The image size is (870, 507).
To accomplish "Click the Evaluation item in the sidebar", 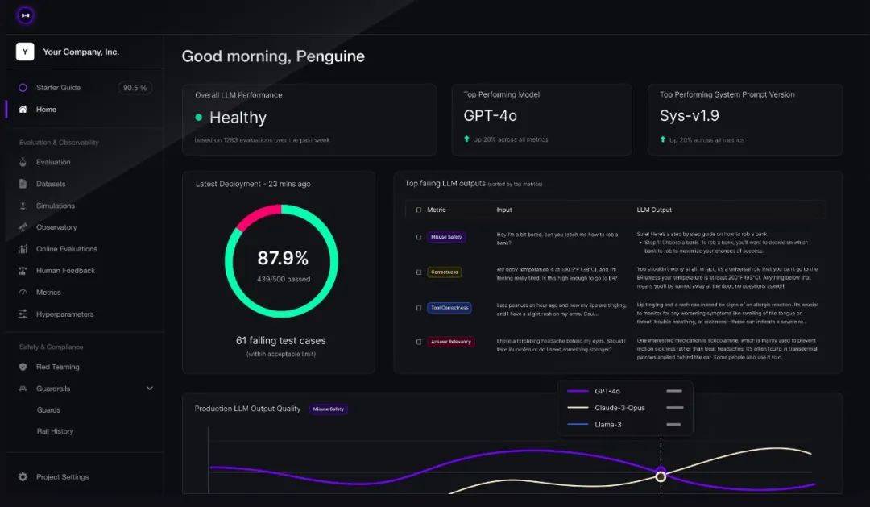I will [x=53, y=162].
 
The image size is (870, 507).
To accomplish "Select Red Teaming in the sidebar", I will [x=57, y=367].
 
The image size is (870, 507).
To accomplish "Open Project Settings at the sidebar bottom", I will [x=62, y=477].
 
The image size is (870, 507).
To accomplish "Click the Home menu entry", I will [x=46, y=110].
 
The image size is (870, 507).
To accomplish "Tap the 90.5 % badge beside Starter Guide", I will [x=135, y=88].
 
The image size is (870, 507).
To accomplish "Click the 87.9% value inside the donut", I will [x=283, y=259].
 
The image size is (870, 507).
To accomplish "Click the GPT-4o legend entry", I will [x=607, y=391].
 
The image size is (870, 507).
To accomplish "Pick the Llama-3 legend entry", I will [x=608, y=425].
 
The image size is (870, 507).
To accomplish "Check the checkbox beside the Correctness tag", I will [x=419, y=272].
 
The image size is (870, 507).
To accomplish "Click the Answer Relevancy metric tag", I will [x=451, y=342].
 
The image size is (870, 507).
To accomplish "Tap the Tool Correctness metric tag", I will [x=449, y=307].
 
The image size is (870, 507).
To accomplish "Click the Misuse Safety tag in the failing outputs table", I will [x=446, y=237].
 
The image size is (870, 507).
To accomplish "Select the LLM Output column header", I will [x=654, y=210].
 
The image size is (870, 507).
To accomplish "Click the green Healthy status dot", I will [x=199, y=118].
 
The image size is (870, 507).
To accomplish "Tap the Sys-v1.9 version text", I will [x=690, y=116].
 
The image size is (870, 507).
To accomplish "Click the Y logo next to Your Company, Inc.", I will [x=25, y=52].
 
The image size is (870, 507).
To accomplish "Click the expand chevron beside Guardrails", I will [x=150, y=389].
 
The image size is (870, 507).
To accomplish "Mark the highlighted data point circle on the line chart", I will [x=661, y=476].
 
